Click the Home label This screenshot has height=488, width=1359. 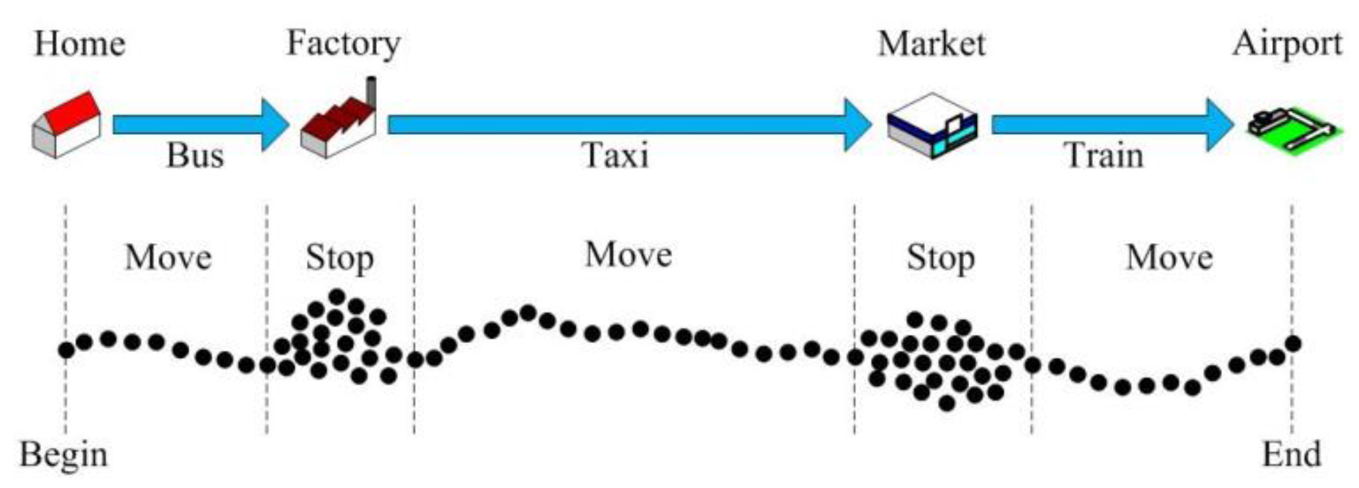click(79, 44)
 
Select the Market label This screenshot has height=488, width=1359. click(931, 44)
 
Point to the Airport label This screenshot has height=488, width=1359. click(1287, 44)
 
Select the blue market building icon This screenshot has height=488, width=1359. click(932, 126)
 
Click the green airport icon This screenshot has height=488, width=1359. click(1291, 130)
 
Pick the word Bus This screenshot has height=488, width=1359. click(195, 156)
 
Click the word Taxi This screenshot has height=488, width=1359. click(615, 156)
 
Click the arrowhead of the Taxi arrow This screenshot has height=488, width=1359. click(858, 125)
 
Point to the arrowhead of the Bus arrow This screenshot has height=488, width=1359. click(275, 125)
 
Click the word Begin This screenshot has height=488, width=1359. click(64, 455)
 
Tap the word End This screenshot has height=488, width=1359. click(1291, 455)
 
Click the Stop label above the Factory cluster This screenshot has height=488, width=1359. click(339, 259)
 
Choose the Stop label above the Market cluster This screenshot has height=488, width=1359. click(940, 259)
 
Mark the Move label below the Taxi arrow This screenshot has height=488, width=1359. click(628, 255)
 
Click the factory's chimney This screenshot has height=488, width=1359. click(371, 91)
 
